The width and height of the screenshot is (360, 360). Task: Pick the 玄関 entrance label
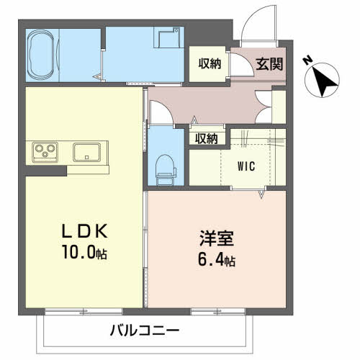268,63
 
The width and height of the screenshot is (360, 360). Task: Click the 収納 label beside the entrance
210,63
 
